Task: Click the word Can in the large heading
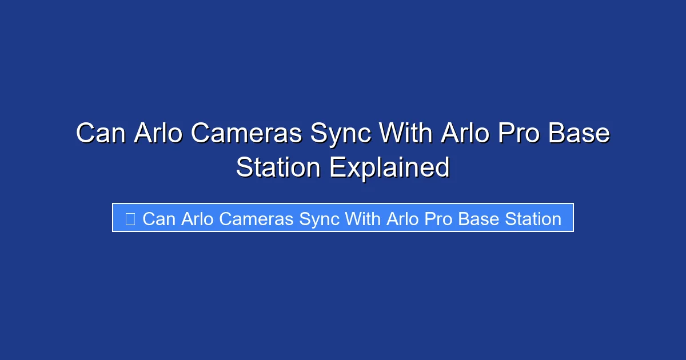pos(101,134)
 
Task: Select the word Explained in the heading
pos(389,167)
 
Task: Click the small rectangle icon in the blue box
pos(130,218)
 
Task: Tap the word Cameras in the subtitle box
pos(256,218)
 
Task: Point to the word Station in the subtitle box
pos(533,218)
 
